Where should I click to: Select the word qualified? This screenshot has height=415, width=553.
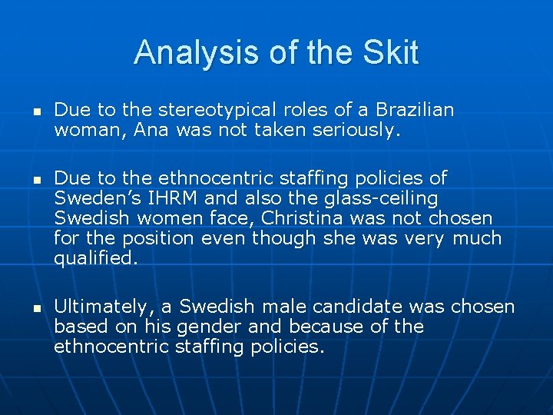click(96, 258)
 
